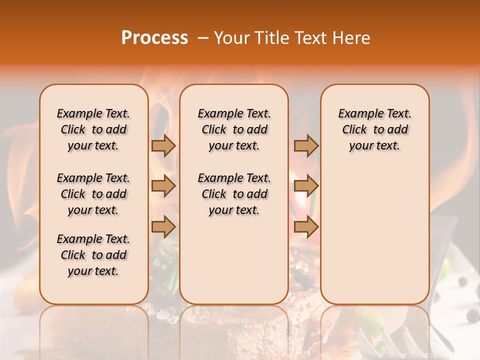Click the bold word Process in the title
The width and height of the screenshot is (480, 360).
point(154,38)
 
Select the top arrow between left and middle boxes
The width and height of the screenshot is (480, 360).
point(163,145)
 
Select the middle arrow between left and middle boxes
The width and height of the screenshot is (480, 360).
point(163,186)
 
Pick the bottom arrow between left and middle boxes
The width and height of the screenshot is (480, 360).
point(163,227)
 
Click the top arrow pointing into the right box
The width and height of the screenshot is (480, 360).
point(306,145)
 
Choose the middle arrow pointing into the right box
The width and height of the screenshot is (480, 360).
point(306,186)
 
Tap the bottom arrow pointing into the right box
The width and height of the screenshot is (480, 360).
point(306,227)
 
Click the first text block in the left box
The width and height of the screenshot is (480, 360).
point(93,129)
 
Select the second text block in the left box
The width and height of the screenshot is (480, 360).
point(93,194)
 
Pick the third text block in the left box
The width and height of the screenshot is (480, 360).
point(93,255)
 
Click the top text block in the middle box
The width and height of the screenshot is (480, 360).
point(234,129)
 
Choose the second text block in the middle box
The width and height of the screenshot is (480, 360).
point(234,194)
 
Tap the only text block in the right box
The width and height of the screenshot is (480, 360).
point(374,129)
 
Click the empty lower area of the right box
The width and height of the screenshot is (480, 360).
point(374,240)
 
